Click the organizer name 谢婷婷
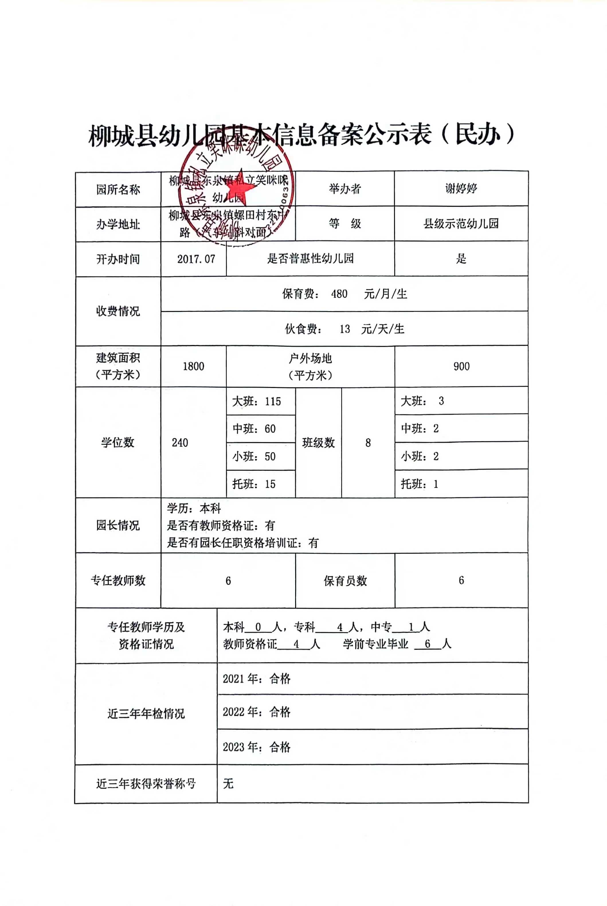point(461,189)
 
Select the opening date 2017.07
point(196,259)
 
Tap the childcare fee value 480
point(339,294)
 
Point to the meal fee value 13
point(344,329)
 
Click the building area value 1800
point(193,366)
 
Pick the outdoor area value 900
point(461,366)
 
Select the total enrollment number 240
point(180,443)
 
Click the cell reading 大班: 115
point(257,401)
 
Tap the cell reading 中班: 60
point(254,429)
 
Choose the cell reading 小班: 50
point(254,456)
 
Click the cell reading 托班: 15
point(254,484)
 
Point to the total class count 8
point(368,443)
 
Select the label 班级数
point(318,443)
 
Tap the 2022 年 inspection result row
point(256,712)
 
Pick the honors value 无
point(228,784)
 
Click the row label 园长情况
point(118,526)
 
